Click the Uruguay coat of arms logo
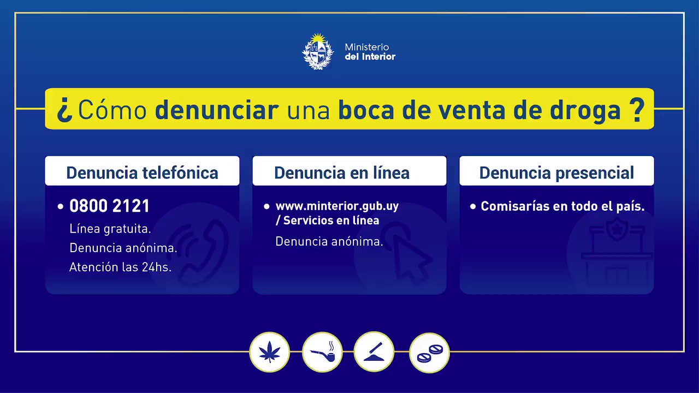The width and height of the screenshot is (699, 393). click(318, 51)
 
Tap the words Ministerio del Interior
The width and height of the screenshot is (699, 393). click(370, 52)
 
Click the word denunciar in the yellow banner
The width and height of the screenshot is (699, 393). click(217, 110)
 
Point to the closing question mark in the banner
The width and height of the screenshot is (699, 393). click(637, 110)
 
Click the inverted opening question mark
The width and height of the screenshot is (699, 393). click(64, 110)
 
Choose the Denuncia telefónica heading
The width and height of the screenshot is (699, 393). click(143, 173)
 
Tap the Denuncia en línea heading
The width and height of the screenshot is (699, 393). click(342, 173)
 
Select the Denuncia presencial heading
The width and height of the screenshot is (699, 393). click(556, 173)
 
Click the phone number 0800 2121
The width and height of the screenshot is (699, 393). click(110, 206)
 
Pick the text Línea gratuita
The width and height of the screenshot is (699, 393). click(110, 229)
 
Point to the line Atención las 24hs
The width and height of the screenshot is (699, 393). click(121, 267)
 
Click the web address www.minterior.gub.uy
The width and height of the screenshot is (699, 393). click(337, 206)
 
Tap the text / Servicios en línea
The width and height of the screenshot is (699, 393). click(327, 221)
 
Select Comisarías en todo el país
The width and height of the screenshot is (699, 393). click(562, 206)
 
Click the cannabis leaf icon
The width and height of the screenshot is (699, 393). click(270, 352)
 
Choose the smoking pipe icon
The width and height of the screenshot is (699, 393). click(322, 352)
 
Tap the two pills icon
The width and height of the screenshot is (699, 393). click(429, 353)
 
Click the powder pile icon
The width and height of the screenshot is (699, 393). click(374, 352)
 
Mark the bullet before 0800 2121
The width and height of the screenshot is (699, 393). click(61, 206)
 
